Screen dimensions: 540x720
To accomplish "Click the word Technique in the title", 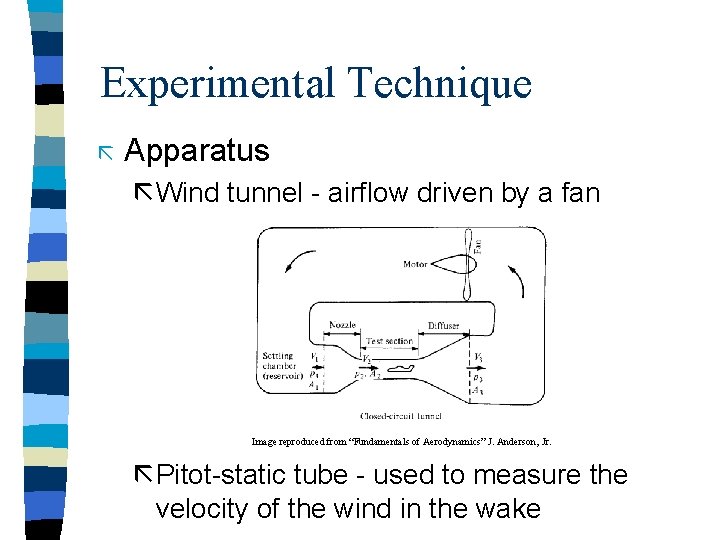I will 441,83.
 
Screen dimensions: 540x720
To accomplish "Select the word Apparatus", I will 197,151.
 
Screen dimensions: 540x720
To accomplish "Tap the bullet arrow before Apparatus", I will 106,152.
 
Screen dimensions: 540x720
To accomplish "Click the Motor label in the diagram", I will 414,265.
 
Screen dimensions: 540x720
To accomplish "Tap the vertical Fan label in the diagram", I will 477,243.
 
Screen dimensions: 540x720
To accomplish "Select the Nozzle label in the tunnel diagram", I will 342,326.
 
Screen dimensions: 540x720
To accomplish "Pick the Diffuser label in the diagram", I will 444,326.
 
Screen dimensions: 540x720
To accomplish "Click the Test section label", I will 388,341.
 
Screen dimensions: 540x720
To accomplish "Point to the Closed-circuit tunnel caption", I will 401,415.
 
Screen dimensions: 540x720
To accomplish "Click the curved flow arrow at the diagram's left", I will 297,263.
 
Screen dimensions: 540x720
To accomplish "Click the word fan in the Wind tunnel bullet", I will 579,192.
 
